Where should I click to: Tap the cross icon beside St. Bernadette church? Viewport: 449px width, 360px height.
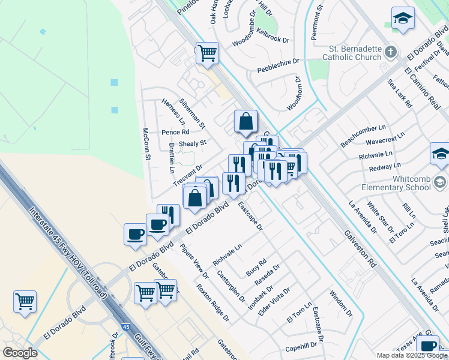[391, 52]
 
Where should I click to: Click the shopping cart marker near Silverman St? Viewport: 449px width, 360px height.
[207, 53]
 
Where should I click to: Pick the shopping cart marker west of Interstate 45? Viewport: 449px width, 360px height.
[25, 301]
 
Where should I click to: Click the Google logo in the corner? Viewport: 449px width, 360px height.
[20, 353]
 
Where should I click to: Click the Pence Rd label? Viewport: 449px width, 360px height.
[175, 132]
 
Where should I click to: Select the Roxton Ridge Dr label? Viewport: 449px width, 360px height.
[212, 303]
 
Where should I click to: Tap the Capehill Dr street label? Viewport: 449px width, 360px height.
[301, 346]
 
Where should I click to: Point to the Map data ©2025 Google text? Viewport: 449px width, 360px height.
[412, 355]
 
